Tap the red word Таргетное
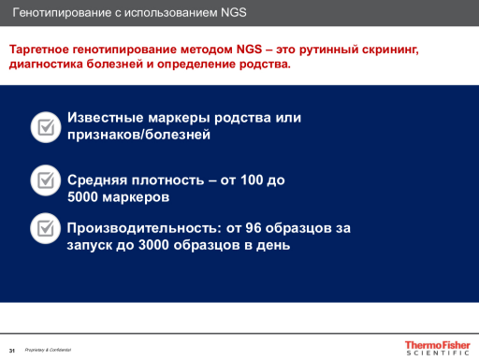(x=40, y=48)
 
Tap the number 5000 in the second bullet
(x=85, y=197)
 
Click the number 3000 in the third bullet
(x=155, y=245)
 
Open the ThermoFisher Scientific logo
(x=436, y=347)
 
